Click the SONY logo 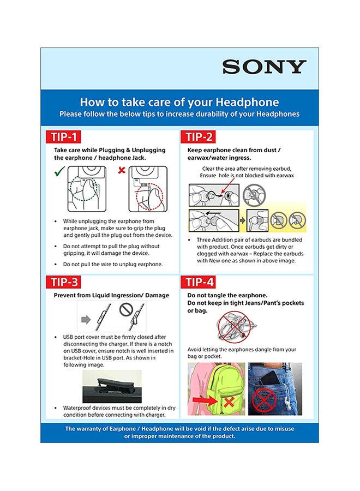[265, 67]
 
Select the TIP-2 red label [199, 136]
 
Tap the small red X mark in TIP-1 [122, 170]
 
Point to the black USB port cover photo [111, 386]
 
